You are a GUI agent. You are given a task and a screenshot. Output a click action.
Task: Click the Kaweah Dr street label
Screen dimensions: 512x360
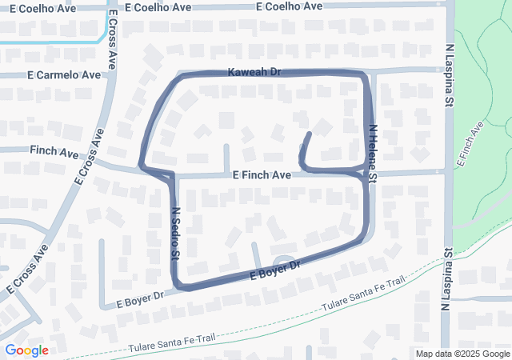[254, 72]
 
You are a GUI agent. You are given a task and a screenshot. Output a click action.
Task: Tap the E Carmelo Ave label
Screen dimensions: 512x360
[64, 74]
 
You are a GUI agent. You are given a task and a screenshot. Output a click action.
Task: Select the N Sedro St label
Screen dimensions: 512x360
[174, 233]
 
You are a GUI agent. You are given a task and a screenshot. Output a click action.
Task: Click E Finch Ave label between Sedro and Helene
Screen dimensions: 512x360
[262, 175]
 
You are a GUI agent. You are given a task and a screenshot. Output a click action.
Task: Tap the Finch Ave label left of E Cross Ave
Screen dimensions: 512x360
[54, 150]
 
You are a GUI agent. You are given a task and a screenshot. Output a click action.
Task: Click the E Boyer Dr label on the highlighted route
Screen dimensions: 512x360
[274, 270]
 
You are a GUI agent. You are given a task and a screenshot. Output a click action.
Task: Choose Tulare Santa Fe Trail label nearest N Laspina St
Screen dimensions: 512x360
[364, 295]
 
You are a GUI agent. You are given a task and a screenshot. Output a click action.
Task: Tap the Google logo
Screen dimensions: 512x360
[26, 350]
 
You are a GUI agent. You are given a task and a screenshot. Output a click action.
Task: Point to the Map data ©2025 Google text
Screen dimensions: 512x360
[462, 354]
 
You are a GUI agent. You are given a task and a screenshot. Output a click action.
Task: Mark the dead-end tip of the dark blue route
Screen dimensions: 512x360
[310, 132]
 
